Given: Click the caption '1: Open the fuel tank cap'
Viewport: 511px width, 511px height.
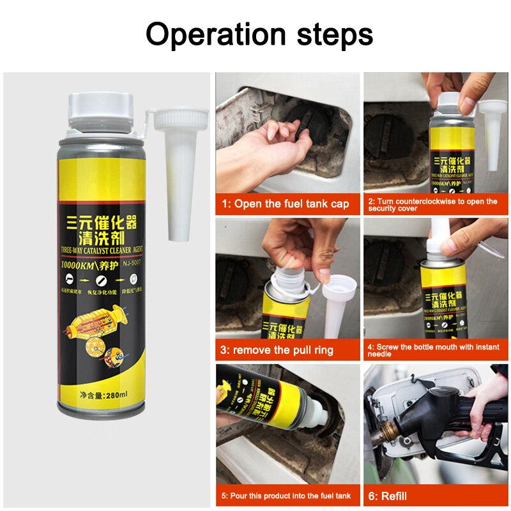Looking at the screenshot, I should pos(286,204).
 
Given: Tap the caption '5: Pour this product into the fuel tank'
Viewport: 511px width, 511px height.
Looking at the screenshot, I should pos(286,495).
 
